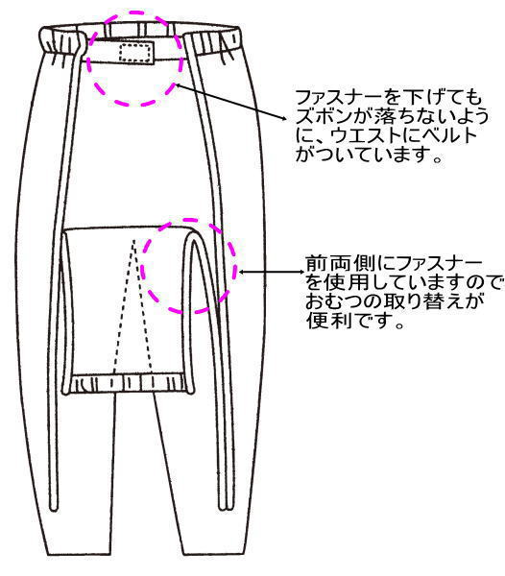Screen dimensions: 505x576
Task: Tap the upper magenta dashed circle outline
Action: (134, 12)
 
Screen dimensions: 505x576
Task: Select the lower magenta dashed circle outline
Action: (189, 221)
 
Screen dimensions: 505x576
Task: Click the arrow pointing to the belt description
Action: (230, 102)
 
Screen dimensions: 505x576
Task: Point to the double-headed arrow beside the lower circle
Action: (272, 273)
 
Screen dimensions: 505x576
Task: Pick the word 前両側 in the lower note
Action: (333, 263)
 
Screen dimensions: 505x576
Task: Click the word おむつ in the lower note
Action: (333, 302)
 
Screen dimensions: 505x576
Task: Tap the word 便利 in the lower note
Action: (324, 321)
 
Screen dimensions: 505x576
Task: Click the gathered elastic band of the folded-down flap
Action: (128, 383)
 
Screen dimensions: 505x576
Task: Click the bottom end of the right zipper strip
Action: (224, 508)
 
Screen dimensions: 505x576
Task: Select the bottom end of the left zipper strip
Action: (53, 508)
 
